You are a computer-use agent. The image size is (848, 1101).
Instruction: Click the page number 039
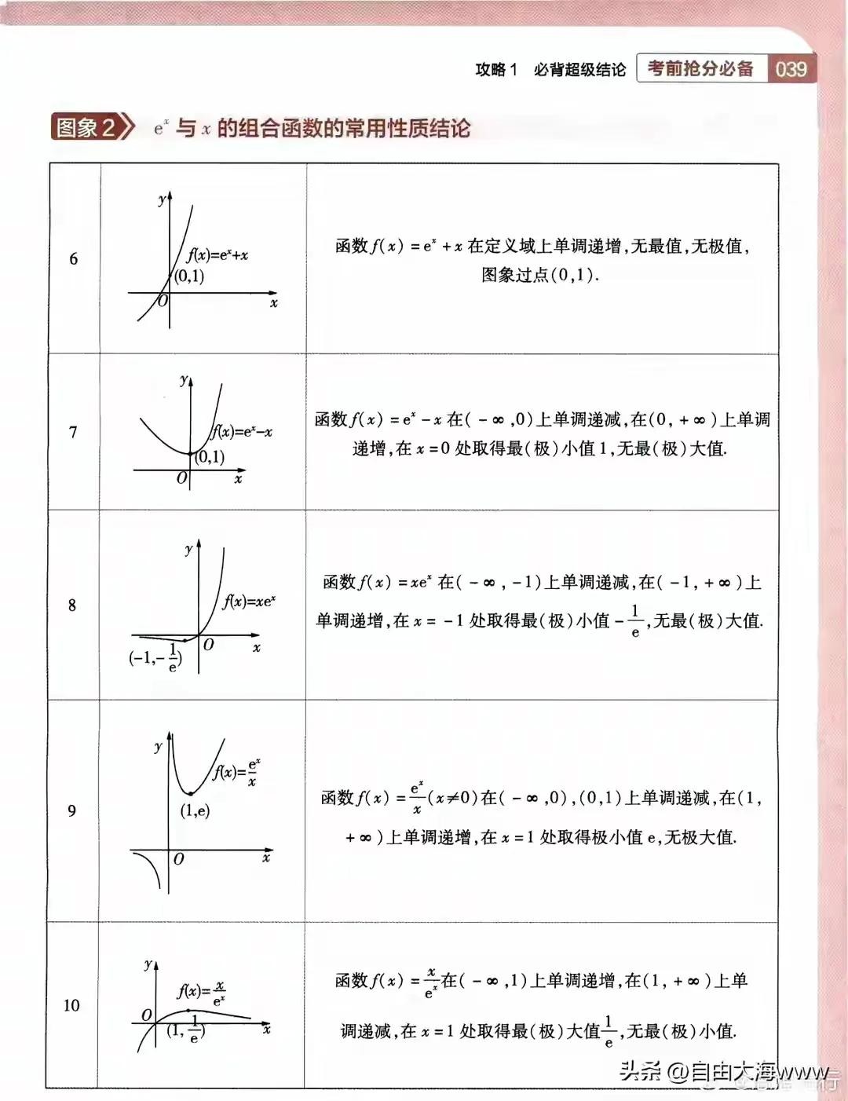pyautogui.click(x=791, y=69)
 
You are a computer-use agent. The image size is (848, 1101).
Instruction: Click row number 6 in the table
pyautogui.click(x=74, y=259)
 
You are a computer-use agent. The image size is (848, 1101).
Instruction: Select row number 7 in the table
pyautogui.click(x=73, y=432)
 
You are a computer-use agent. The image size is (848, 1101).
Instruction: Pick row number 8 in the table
pyautogui.click(x=72, y=605)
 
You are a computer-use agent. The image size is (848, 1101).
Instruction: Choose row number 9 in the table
pyautogui.click(x=72, y=810)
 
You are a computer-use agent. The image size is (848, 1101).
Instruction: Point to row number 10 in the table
pyautogui.click(x=71, y=1006)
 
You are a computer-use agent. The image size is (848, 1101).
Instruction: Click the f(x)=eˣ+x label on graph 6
pyautogui.click(x=217, y=255)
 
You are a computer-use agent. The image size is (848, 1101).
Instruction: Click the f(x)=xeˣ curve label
pyautogui.click(x=249, y=602)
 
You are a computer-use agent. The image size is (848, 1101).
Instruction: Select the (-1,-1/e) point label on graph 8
pyautogui.click(x=155, y=656)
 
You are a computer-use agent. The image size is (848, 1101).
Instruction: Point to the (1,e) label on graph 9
pyautogui.click(x=196, y=810)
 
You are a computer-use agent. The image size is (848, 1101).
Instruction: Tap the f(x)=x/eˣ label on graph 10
pyautogui.click(x=201, y=992)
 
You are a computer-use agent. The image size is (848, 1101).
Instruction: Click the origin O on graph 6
pyautogui.click(x=163, y=301)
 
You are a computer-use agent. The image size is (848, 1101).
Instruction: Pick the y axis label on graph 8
pyautogui.click(x=188, y=549)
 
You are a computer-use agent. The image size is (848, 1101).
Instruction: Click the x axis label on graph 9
pyautogui.click(x=266, y=858)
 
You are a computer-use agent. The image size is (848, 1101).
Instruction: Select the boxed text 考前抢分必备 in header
pyautogui.click(x=700, y=69)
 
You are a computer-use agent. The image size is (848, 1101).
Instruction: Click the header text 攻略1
pyautogui.click(x=496, y=70)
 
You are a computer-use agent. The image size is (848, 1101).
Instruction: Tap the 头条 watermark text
pyautogui.click(x=640, y=1070)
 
